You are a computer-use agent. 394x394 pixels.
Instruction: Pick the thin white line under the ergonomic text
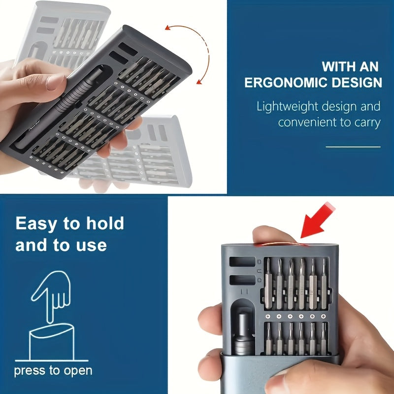click(x=353, y=146)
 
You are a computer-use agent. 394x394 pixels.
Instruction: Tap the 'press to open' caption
click(x=53, y=370)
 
